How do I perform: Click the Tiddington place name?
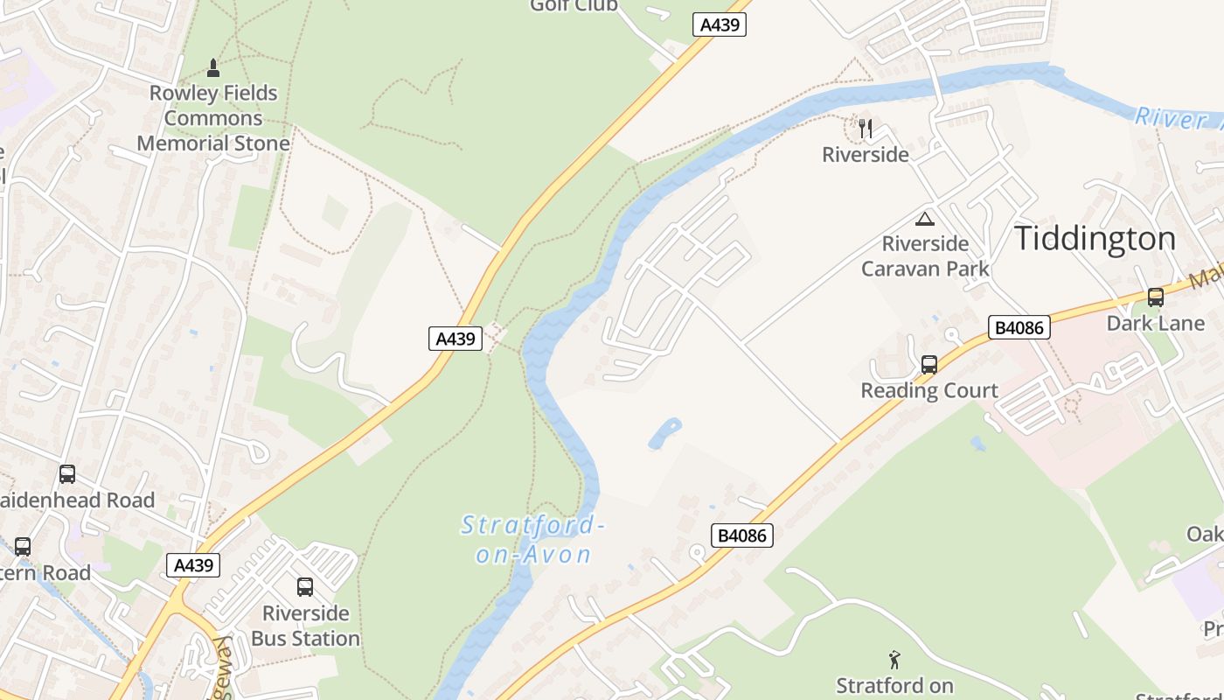[x=1095, y=239]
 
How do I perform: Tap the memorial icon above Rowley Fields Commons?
[x=213, y=67]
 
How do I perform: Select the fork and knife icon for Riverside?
[x=866, y=129]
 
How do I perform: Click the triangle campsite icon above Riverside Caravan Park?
[x=925, y=219]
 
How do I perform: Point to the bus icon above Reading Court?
[x=929, y=365]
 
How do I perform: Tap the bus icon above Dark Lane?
[x=1156, y=297]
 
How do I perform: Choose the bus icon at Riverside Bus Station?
[x=305, y=587]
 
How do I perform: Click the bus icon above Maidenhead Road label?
[x=67, y=474]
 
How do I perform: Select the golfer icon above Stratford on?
[x=894, y=660]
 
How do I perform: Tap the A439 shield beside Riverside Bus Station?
[x=193, y=565]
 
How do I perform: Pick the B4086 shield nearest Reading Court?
[x=1019, y=328]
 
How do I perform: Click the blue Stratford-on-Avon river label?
[x=533, y=539]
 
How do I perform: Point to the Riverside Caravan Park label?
[x=925, y=255]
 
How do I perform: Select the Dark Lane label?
[x=1156, y=323]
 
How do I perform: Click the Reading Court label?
[x=929, y=390]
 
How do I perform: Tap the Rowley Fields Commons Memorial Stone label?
[x=213, y=118]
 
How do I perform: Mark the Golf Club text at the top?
[x=574, y=6]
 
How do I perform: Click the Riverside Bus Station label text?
[x=305, y=626]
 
